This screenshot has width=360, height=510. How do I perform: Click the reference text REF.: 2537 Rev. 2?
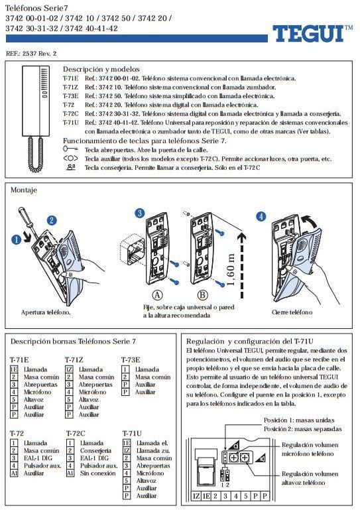[31, 52]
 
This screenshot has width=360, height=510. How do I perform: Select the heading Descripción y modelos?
[101, 69]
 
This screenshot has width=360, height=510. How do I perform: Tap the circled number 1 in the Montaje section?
[17, 240]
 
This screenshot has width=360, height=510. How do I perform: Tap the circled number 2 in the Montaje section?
[52, 220]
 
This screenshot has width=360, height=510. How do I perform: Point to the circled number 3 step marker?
[139, 213]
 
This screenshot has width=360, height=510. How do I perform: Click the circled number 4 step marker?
[261, 216]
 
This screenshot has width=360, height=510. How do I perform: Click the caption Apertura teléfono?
[46, 312]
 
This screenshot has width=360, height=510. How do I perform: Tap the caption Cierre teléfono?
[291, 312]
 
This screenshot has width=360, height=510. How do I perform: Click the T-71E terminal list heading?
[19, 359]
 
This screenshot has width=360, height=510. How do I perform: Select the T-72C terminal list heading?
[76, 432]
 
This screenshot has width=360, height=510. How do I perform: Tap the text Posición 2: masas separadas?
[298, 428]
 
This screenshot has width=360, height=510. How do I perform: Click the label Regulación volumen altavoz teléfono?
[310, 479]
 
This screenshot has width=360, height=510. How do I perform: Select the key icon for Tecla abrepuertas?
[71, 150]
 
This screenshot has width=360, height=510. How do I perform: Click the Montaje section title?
[24, 190]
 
